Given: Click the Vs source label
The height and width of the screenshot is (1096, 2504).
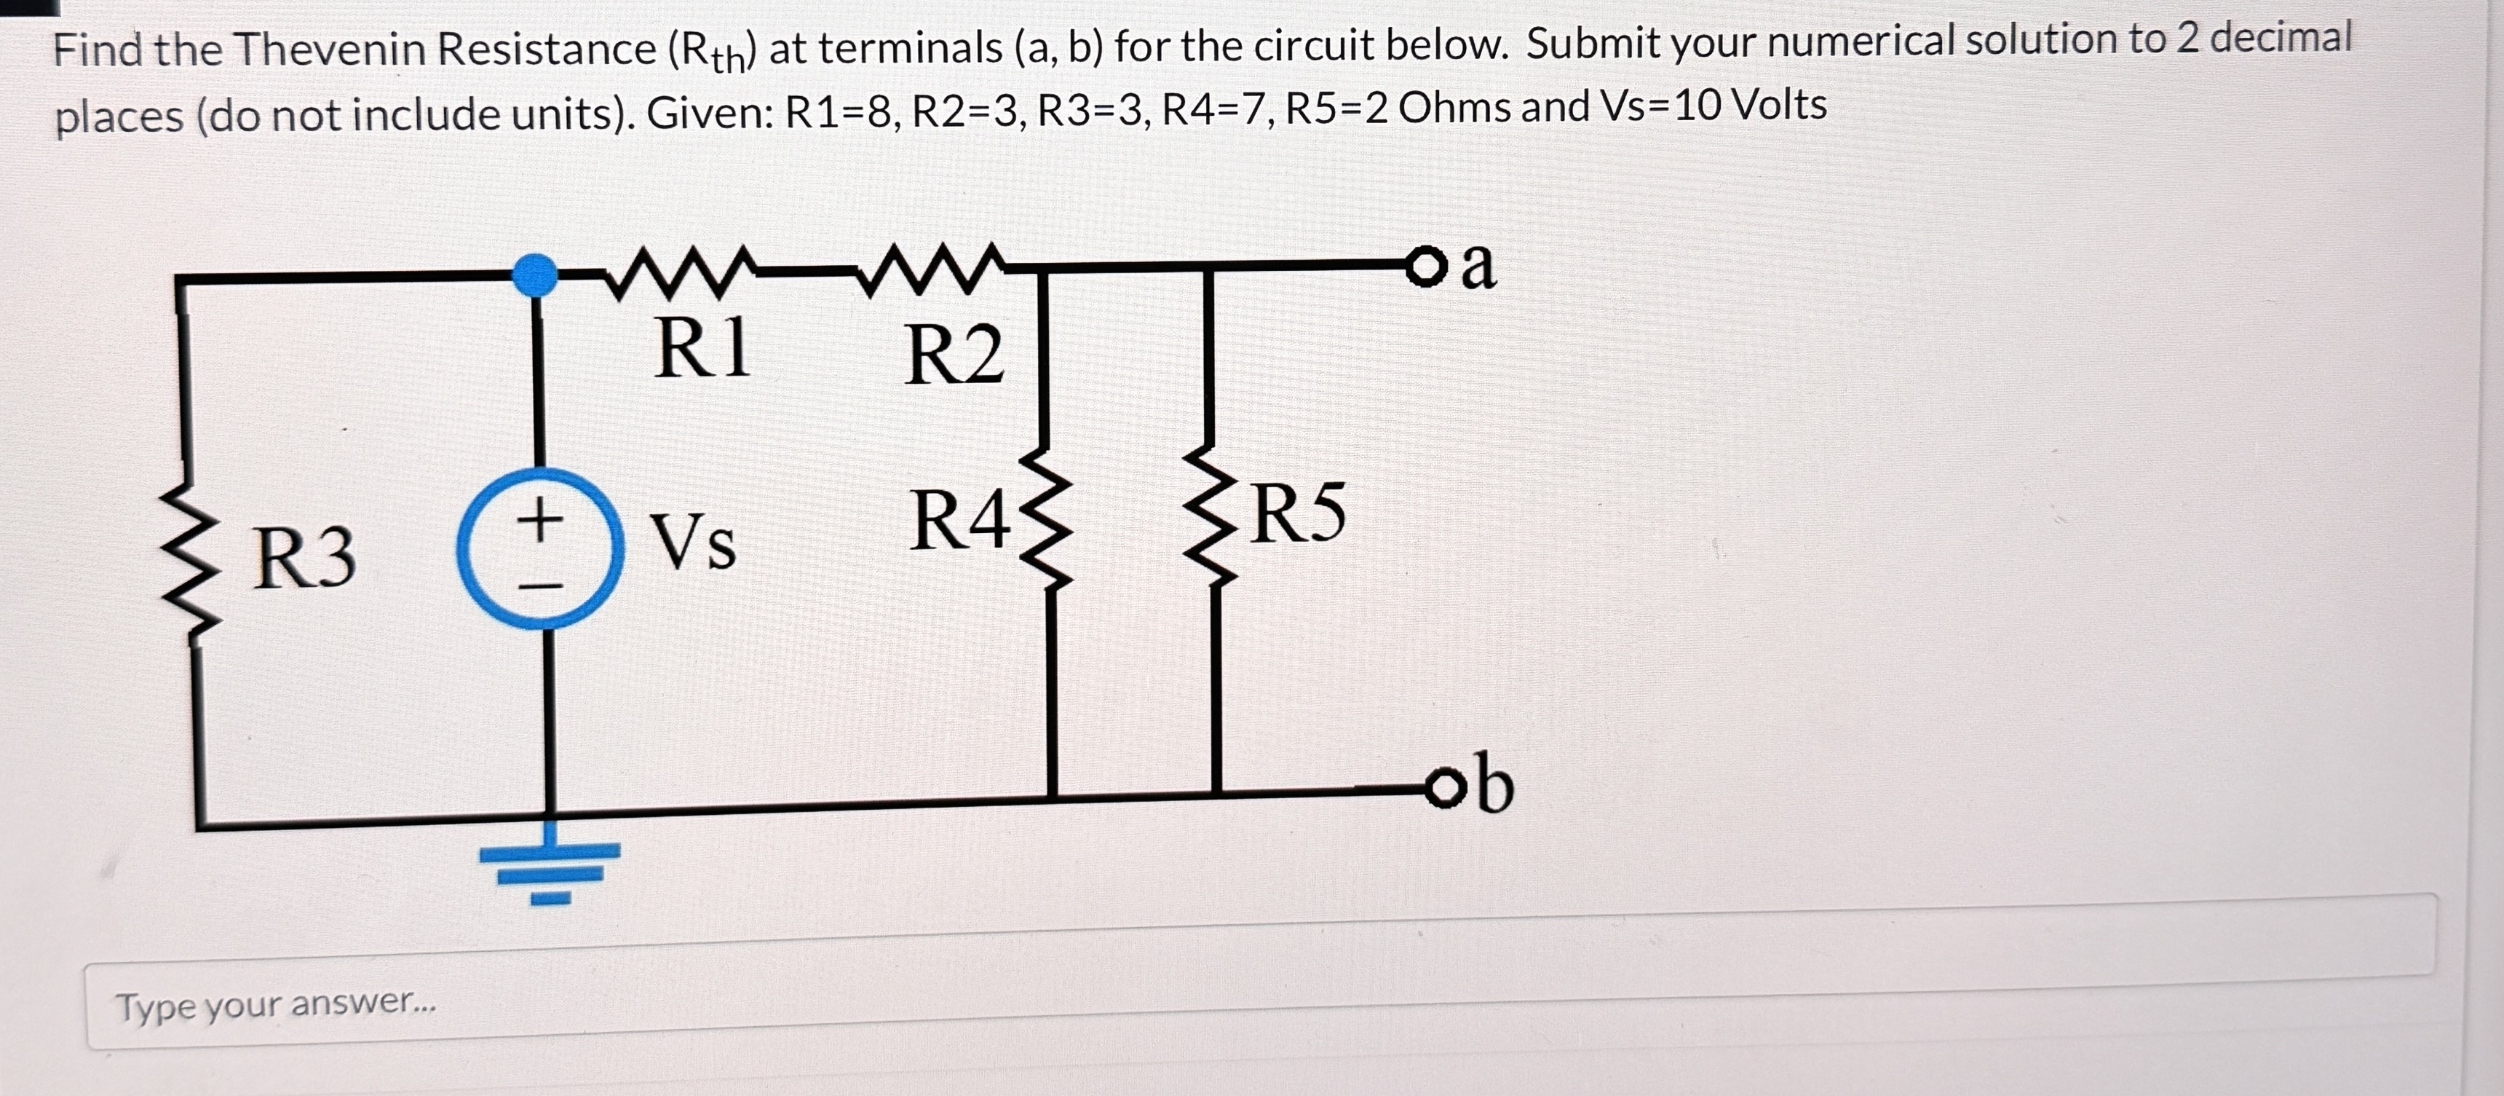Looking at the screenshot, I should point(692,542).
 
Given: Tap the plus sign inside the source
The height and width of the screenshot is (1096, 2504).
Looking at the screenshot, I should point(540,519).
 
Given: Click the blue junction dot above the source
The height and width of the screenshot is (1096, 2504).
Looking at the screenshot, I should point(534,275).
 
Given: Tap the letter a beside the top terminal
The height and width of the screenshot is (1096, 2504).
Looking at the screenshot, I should point(1478,264).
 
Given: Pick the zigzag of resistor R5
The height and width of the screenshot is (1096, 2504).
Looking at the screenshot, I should point(1211,516).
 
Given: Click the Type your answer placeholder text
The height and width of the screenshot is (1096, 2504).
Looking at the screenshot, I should point(276,1004).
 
